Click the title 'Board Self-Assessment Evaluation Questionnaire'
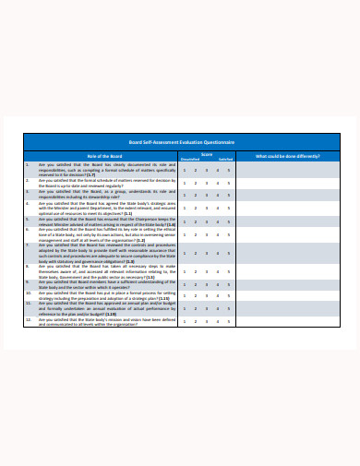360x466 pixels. tap(180, 142)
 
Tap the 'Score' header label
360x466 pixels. tap(208, 153)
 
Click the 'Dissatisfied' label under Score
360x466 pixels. tap(188, 159)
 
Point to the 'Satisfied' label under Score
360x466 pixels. tap(225, 159)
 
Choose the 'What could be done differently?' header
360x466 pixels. tap(289, 156)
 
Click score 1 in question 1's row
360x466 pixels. tap(185, 170)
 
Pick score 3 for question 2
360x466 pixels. tap(207, 184)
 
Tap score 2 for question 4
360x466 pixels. tap(196, 210)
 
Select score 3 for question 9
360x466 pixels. tap(207, 285)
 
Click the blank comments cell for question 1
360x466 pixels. tap(289, 170)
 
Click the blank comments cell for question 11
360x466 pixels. tap(289, 311)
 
